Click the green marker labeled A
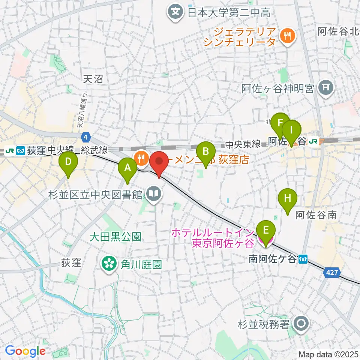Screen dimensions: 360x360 [x=127, y=168]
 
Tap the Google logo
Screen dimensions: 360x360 [x=25, y=351]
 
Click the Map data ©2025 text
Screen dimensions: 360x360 [x=328, y=354]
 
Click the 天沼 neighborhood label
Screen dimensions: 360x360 [x=93, y=79]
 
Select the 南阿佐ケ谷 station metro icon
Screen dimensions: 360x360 [x=304, y=259]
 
